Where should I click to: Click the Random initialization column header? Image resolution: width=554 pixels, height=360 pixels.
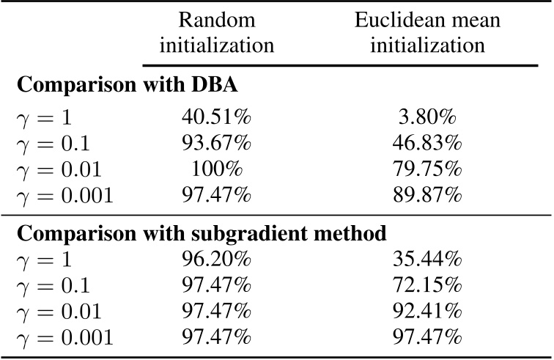217,32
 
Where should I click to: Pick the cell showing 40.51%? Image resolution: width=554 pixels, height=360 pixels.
217,117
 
